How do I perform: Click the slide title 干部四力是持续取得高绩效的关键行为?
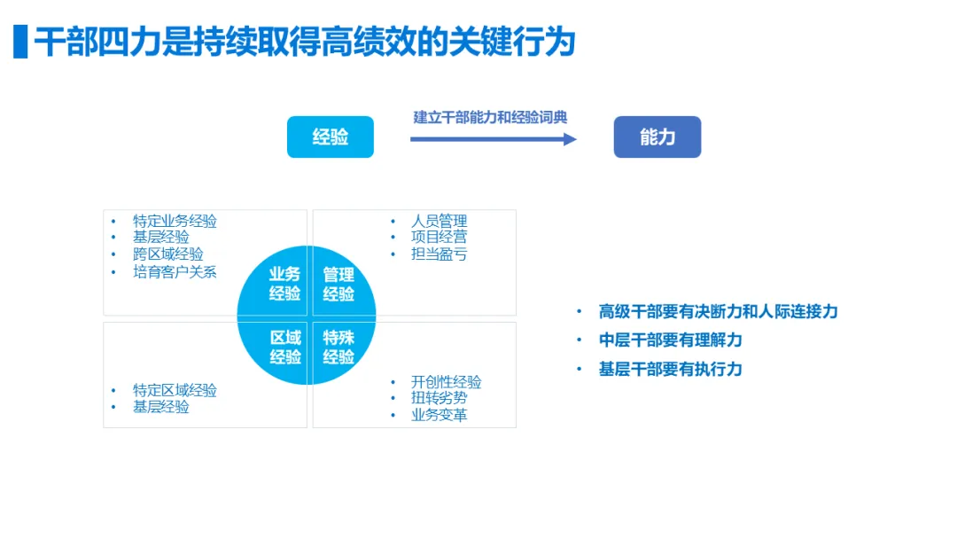(x=306, y=42)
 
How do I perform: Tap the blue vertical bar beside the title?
(x=20, y=42)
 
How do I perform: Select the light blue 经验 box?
(x=331, y=137)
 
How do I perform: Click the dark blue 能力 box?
(x=657, y=137)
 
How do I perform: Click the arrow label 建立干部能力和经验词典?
(x=490, y=117)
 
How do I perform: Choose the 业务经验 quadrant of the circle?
(x=282, y=285)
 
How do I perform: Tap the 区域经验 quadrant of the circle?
(x=283, y=347)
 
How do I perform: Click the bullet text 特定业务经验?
(x=175, y=222)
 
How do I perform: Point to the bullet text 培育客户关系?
(x=175, y=272)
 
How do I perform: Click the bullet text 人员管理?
(x=439, y=221)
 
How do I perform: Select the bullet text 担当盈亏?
(x=439, y=254)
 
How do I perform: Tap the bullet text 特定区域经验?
(x=175, y=390)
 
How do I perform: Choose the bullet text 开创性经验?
(x=446, y=382)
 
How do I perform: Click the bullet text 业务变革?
(x=439, y=415)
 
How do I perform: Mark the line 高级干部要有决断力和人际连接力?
(x=718, y=311)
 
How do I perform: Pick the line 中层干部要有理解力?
(x=670, y=340)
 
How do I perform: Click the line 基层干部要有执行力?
(x=670, y=369)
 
